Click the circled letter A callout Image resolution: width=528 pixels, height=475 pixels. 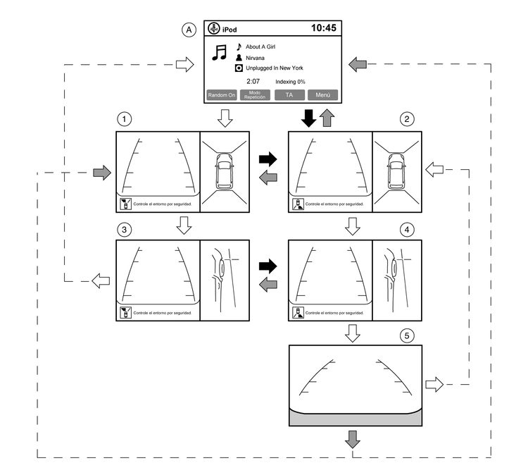pos(188,29)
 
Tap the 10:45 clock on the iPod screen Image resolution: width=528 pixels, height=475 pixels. pos(323,28)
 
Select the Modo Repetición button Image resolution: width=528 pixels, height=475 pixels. pos(255,95)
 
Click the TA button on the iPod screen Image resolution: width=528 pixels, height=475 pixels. pos(289,95)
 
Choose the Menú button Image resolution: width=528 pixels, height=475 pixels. pos(322,95)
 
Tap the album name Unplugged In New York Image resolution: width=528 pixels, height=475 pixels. pos(274,68)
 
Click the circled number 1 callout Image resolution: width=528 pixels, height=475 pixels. pos(124,119)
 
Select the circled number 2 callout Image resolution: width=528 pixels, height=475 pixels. pos(406,119)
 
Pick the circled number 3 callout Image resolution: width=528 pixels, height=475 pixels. pos(124,230)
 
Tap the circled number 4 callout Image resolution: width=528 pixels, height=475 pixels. pos(406,230)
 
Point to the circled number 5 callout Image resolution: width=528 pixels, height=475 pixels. pos(406,335)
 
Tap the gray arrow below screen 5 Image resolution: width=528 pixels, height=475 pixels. pos(353,439)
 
